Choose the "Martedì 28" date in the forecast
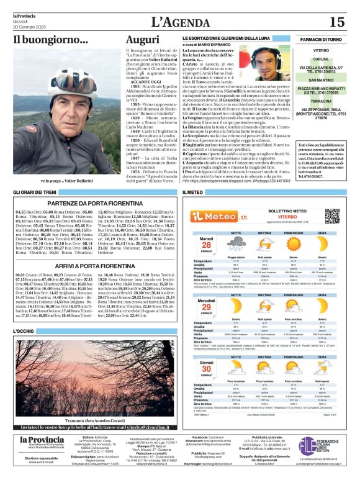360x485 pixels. (x=207, y=243)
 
